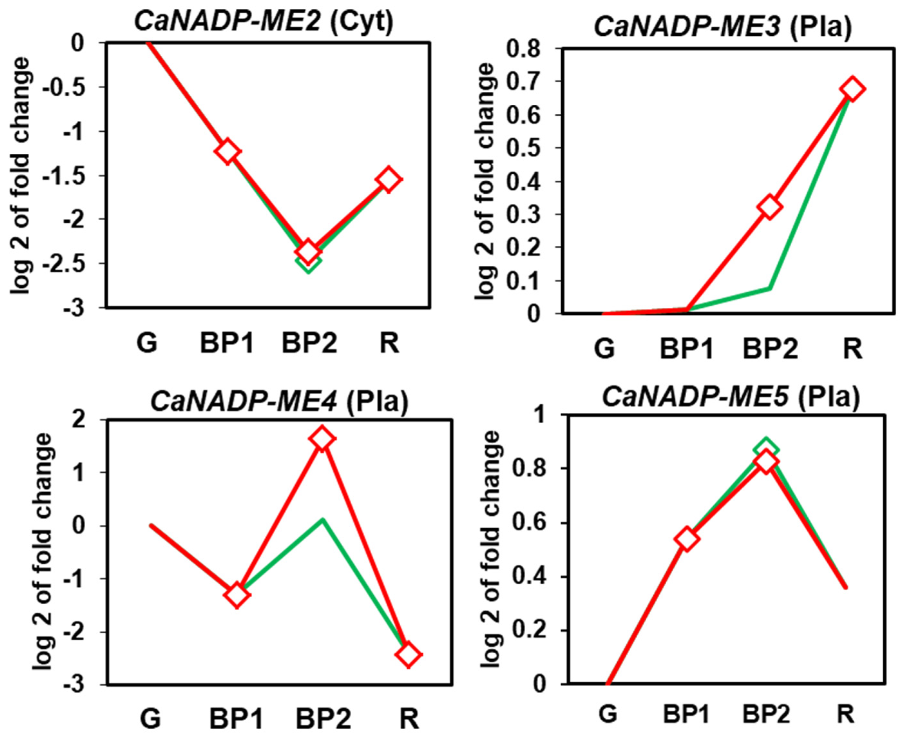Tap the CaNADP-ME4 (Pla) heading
point(279,402)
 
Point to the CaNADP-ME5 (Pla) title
point(730,397)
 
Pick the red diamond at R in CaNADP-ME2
point(389,179)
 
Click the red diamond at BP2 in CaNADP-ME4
point(322,438)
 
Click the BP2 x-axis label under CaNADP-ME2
point(309,343)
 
